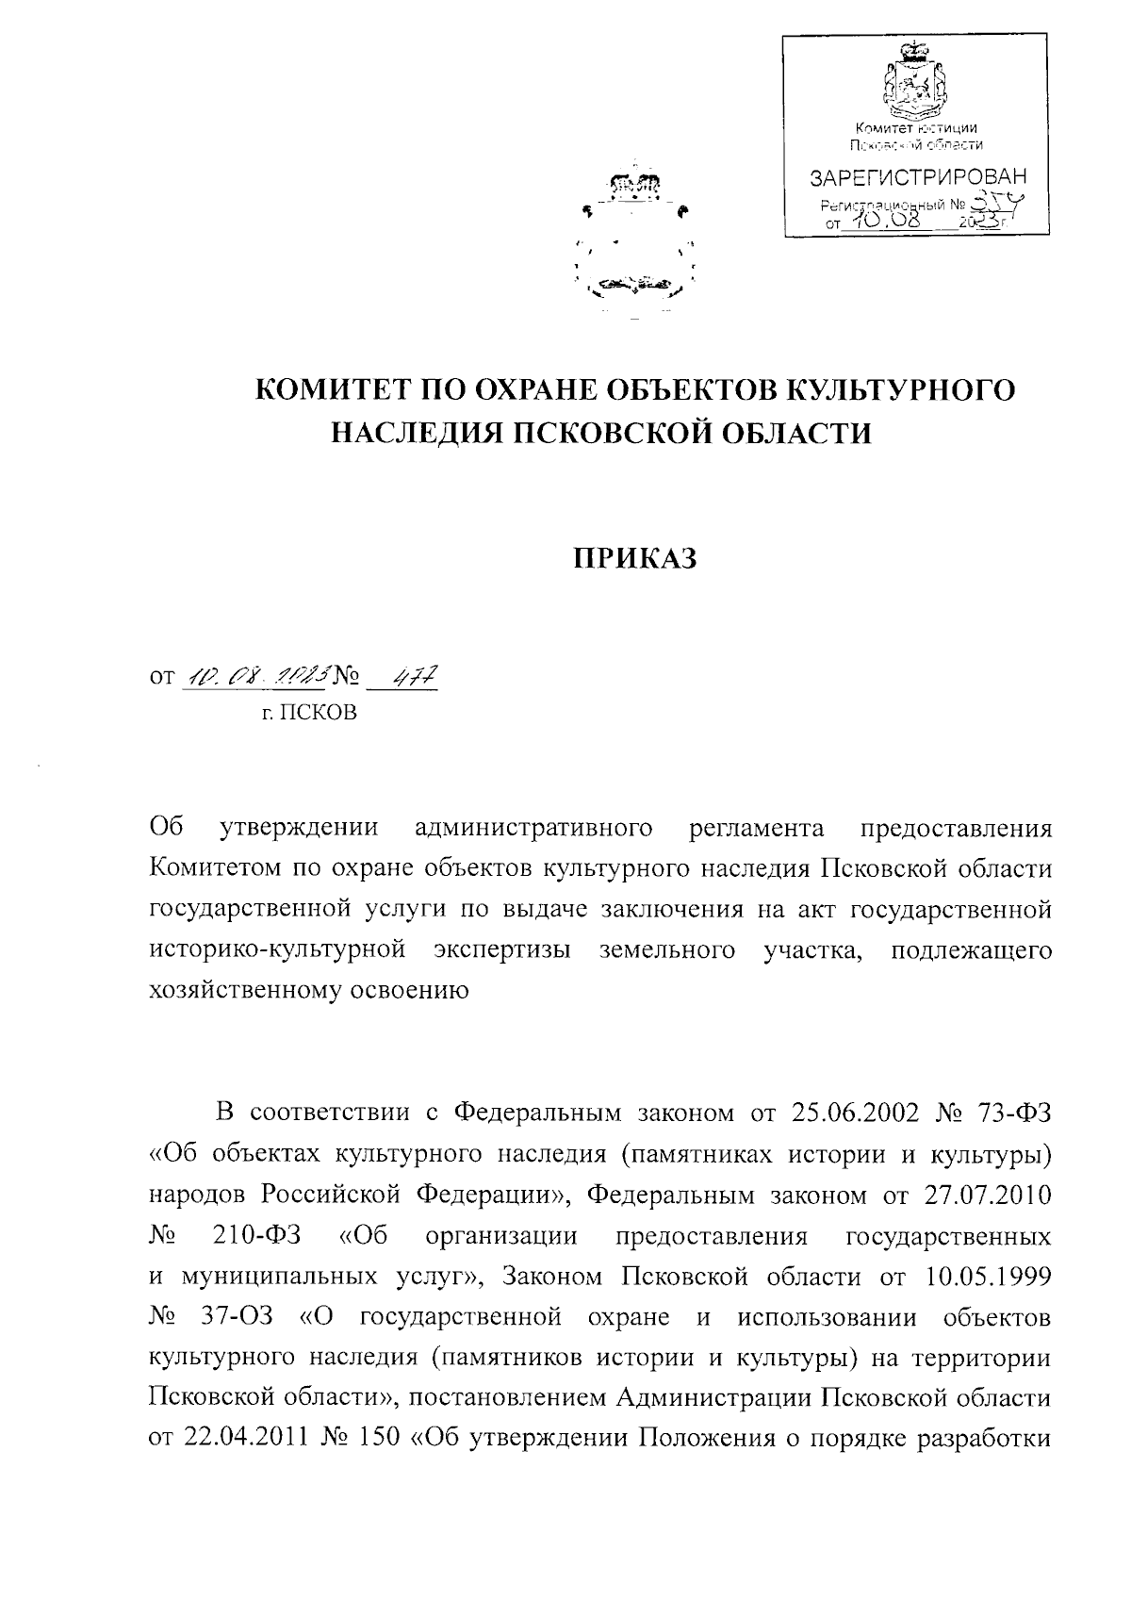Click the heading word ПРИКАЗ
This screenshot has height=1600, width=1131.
(636, 559)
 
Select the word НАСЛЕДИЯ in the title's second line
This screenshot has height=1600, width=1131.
(403, 433)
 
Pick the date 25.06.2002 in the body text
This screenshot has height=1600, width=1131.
(857, 1113)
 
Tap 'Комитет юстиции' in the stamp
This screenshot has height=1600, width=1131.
(915, 128)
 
